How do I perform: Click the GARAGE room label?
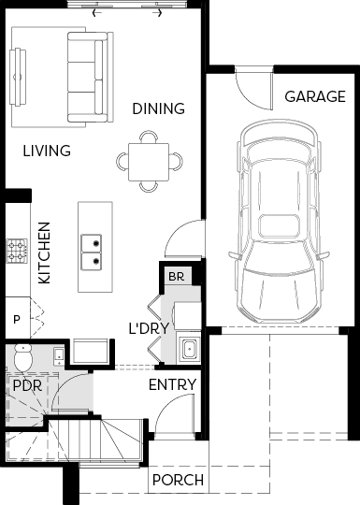[315, 96]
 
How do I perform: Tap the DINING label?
[158, 108]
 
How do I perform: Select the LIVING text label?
[47, 151]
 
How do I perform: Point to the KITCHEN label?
[45, 253]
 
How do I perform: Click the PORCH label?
[178, 480]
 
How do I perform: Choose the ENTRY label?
[173, 384]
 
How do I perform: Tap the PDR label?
[27, 385]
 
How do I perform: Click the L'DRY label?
[149, 328]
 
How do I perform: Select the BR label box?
[176, 276]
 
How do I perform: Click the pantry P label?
[17, 320]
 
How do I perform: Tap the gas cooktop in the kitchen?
[17, 252]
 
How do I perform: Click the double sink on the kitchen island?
[91, 252]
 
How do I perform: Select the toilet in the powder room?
[22, 357]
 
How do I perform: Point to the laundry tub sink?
[189, 349]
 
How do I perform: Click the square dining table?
[149, 162]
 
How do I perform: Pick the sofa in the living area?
[91, 77]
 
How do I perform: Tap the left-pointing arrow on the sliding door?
[97, 13]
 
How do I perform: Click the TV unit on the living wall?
[18, 77]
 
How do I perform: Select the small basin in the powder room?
[59, 356]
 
